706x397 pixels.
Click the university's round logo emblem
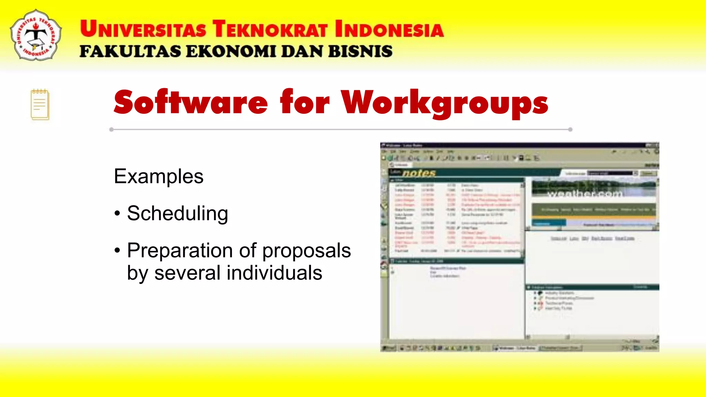(36, 35)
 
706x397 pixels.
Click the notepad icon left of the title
(40, 104)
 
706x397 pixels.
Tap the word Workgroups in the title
(445, 103)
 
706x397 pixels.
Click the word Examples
(159, 176)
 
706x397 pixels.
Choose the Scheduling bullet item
(177, 213)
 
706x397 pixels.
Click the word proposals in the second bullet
(306, 251)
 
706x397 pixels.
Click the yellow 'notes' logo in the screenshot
(418, 173)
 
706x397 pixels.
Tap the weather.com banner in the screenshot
(585, 194)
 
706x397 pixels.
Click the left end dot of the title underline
(111, 130)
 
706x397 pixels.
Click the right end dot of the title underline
(570, 130)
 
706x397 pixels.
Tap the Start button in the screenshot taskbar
(389, 348)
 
